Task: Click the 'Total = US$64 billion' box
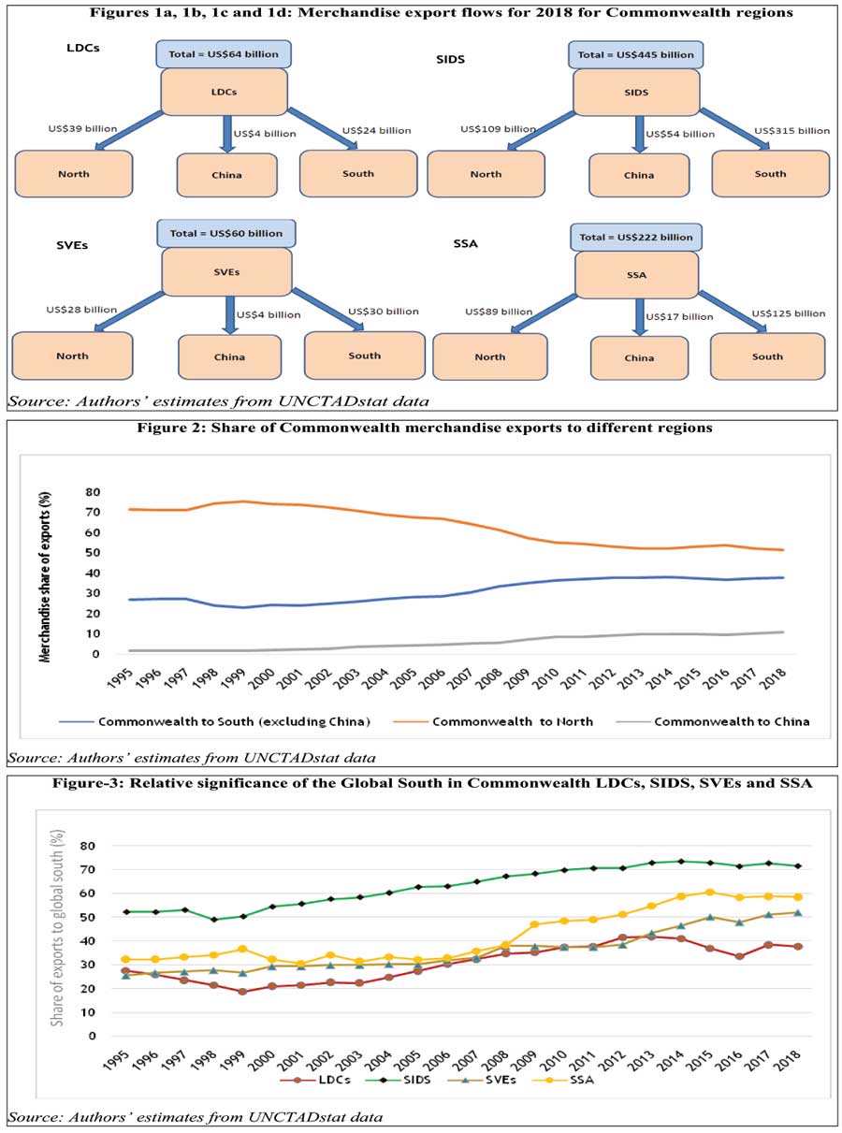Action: click(x=224, y=53)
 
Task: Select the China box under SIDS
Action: click(x=639, y=175)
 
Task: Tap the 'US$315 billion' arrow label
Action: click(x=791, y=131)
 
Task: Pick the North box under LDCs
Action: click(x=74, y=174)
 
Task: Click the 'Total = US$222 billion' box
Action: click(x=636, y=238)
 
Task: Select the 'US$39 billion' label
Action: click(x=82, y=129)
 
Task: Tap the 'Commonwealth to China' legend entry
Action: click(x=732, y=721)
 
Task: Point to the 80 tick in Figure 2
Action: click(x=93, y=491)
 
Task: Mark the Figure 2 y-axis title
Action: click(x=44, y=574)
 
